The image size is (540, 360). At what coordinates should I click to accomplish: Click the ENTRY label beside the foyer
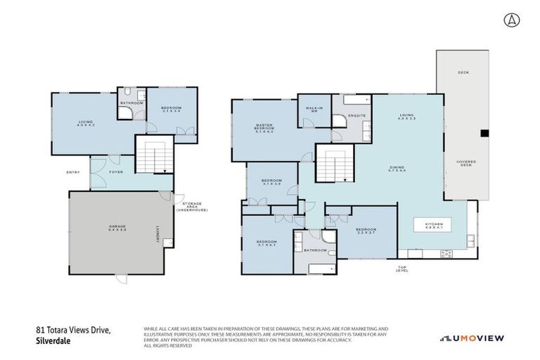73,172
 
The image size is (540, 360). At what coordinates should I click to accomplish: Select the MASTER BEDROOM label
264,128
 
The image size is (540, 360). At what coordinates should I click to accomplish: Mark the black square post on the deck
484,133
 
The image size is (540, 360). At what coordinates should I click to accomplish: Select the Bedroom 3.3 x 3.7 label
366,233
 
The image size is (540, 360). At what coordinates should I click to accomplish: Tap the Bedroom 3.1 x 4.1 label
266,244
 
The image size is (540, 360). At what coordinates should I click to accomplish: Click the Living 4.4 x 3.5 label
406,117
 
